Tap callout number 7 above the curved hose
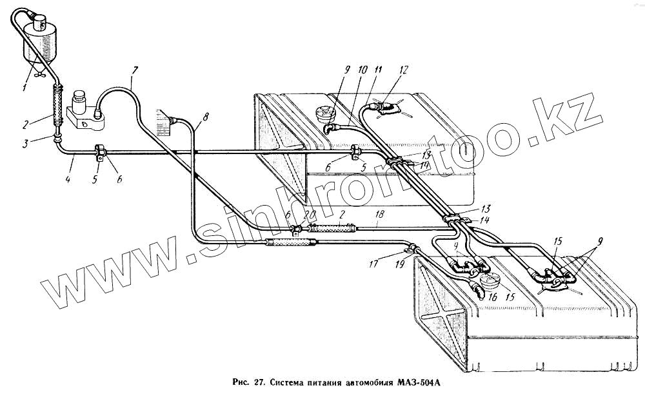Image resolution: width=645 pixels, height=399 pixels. pyautogui.click(x=134, y=69)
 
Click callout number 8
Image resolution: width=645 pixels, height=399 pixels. pyautogui.click(x=205, y=117)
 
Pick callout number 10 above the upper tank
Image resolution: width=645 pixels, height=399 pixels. pyautogui.click(x=361, y=69)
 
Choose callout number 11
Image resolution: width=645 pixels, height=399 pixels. pyautogui.click(x=378, y=69)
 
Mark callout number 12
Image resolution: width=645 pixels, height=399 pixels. pyautogui.click(x=404, y=69)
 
